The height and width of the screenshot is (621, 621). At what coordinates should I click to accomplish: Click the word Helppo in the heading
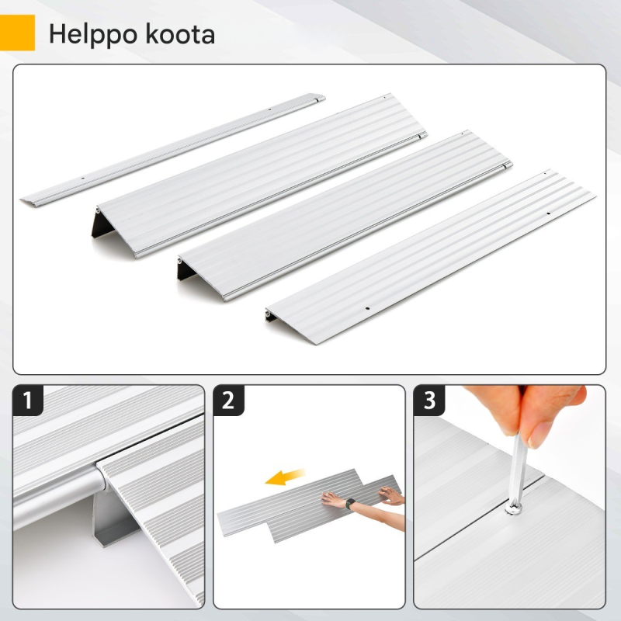[x=92, y=35]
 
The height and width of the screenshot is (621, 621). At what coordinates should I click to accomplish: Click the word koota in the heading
[x=180, y=34]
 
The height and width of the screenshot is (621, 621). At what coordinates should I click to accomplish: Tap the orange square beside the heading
[x=17, y=33]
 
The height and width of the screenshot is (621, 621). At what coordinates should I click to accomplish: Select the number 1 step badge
[x=28, y=400]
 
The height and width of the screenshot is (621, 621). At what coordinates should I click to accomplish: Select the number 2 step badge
[x=228, y=400]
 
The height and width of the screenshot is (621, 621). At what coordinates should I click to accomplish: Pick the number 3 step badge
[x=429, y=400]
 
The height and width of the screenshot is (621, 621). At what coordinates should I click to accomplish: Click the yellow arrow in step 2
[x=285, y=477]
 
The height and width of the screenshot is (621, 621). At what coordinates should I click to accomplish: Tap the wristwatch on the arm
[x=350, y=504]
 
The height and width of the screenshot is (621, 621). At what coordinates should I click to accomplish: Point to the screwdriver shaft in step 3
[x=517, y=470]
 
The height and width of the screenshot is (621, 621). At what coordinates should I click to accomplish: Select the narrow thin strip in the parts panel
[x=173, y=150]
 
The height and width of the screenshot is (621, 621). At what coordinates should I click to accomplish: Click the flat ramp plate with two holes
[x=431, y=257]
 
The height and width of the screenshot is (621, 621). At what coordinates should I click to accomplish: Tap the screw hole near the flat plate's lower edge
[x=367, y=308]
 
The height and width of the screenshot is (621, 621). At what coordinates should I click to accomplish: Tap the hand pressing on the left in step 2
[x=332, y=499]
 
